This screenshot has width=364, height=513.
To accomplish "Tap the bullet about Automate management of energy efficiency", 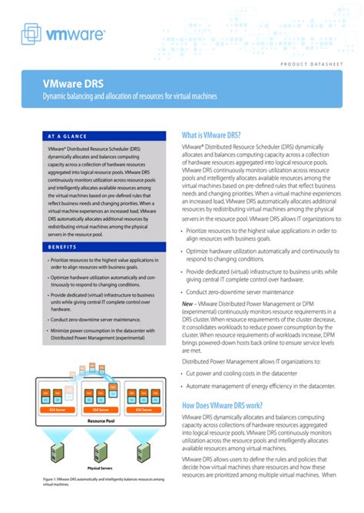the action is tap(263, 387).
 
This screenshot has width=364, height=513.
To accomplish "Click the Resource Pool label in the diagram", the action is tap(101, 421).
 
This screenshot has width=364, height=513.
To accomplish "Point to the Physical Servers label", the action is tap(101, 468).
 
